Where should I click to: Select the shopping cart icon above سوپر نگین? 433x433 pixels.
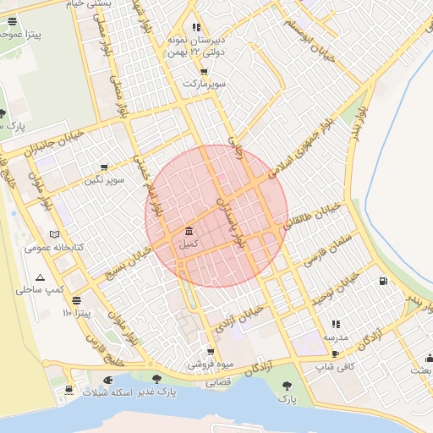point(104,167)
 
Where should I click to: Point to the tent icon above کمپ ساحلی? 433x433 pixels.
point(40,277)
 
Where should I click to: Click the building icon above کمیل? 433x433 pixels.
point(188,232)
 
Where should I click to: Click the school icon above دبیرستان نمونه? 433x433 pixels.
point(197,27)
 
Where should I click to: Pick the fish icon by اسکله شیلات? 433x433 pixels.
point(107,381)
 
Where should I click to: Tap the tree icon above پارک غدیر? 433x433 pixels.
point(156,378)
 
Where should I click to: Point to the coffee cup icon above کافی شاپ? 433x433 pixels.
point(335,354)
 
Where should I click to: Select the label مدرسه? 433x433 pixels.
point(335,337)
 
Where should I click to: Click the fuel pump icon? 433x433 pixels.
point(384,281)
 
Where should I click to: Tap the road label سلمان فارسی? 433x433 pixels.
point(324,241)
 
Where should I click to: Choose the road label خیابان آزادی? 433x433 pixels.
point(244,322)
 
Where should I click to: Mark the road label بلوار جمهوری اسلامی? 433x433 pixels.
point(299,143)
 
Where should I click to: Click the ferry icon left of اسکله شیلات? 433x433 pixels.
point(69,390)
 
